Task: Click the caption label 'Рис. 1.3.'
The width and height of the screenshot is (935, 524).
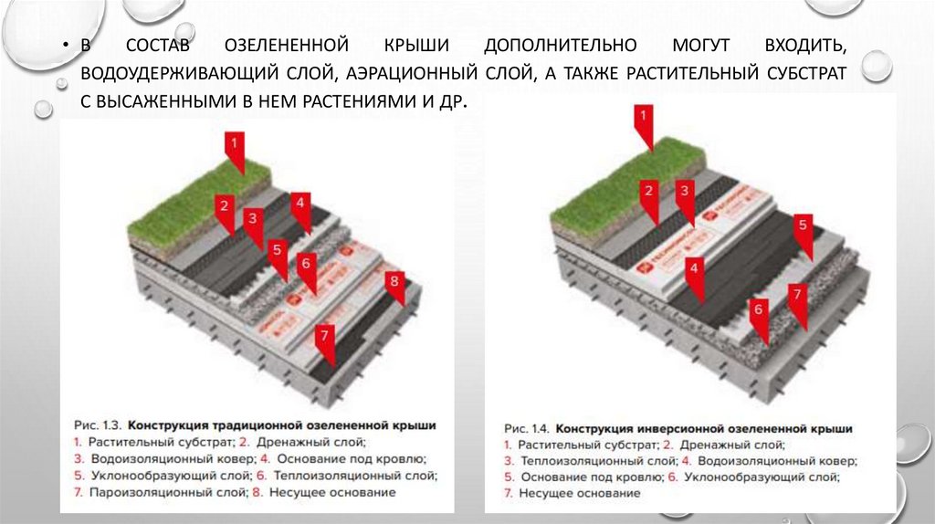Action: click(97, 425)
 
